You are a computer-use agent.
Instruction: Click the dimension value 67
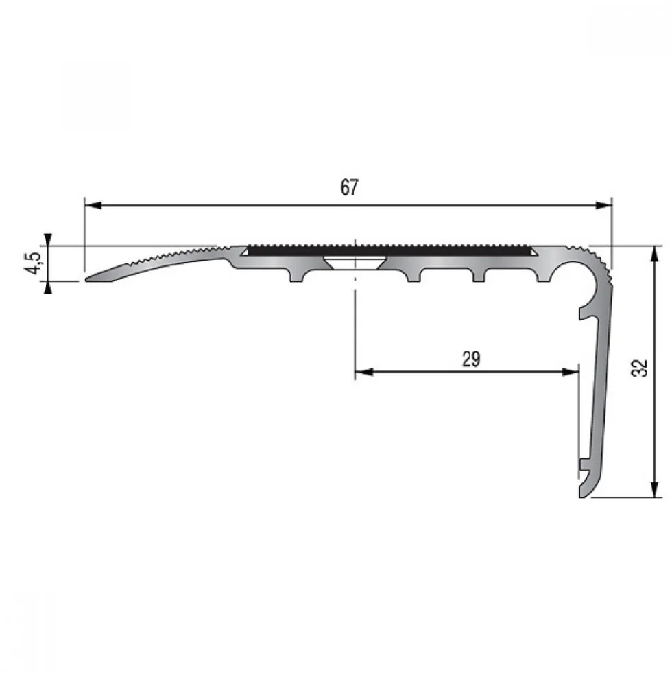coord(349,187)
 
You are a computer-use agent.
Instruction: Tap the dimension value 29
coord(471,359)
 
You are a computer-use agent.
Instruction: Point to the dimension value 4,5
coord(35,263)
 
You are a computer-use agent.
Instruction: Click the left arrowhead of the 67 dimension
coord(93,206)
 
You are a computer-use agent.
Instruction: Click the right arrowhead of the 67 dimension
coord(603,206)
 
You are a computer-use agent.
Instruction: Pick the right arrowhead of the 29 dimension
coord(571,372)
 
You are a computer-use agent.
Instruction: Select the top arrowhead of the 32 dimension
coord(654,254)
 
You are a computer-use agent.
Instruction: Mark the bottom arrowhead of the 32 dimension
coord(654,489)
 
